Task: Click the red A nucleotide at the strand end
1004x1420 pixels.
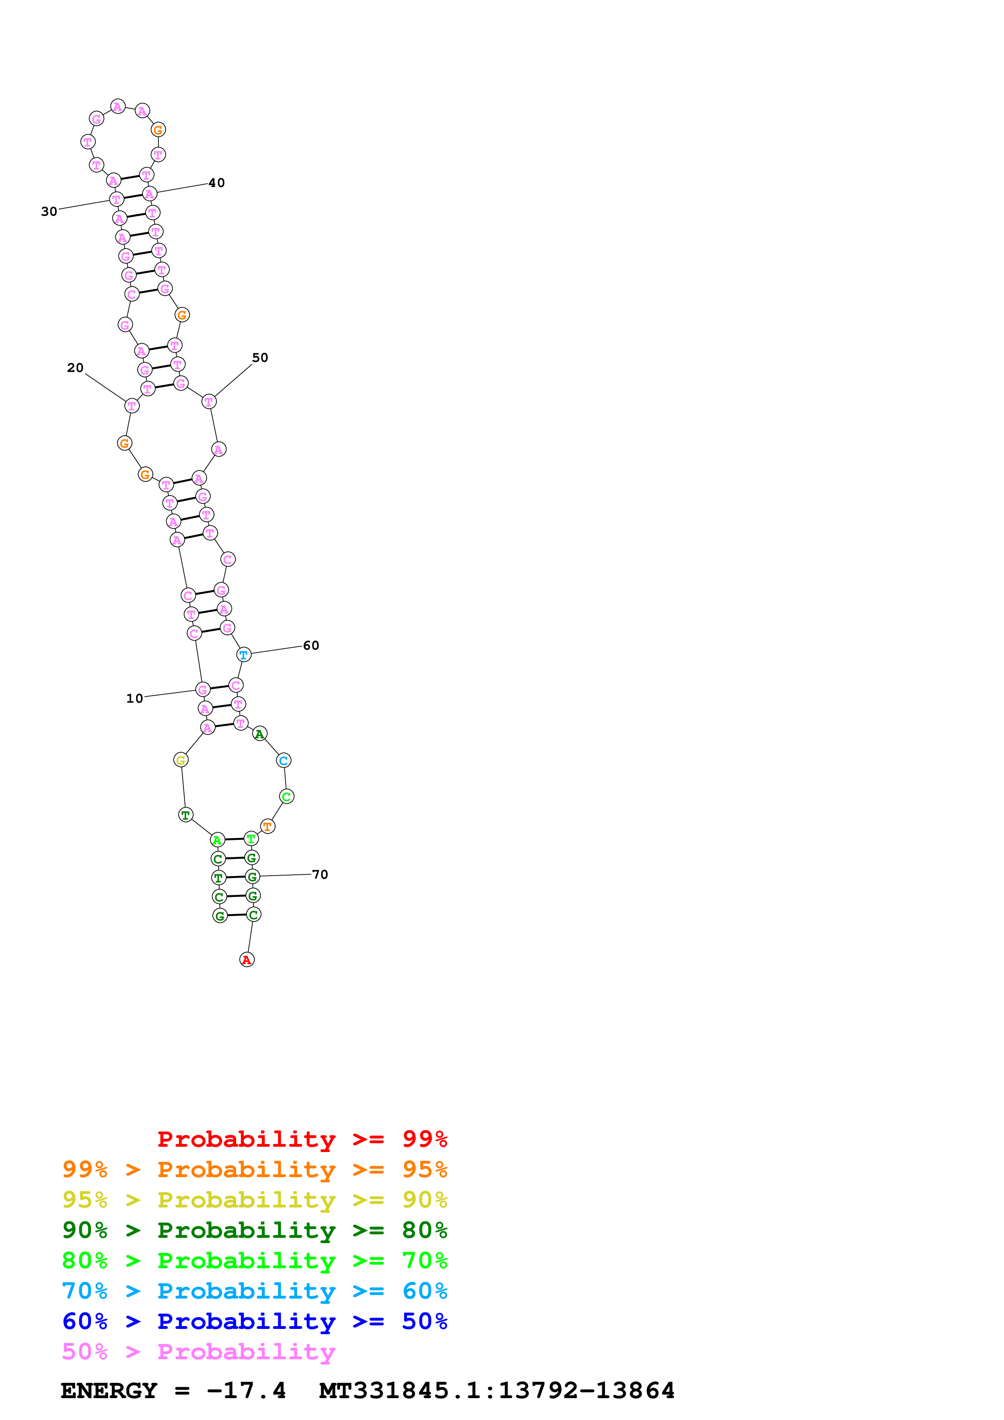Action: coord(247,959)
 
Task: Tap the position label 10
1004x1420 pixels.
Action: coord(134,698)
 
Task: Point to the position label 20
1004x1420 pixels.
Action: coord(75,368)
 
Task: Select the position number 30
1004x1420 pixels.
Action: coord(49,212)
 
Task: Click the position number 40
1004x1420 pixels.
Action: coord(217,183)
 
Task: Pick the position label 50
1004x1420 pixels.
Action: coord(260,358)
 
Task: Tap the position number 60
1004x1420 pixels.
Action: coord(311,646)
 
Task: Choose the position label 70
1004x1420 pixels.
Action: coord(320,874)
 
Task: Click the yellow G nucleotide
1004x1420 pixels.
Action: coord(181,760)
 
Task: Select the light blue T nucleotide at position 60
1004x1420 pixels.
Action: coord(244,654)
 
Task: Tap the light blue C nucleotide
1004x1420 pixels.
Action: coord(284,760)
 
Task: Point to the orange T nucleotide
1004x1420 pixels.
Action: coord(267,826)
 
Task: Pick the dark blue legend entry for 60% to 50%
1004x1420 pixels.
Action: coord(254,1321)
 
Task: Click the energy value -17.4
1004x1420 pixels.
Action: coord(246,1391)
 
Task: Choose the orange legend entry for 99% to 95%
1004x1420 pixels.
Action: coord(254,1169)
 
